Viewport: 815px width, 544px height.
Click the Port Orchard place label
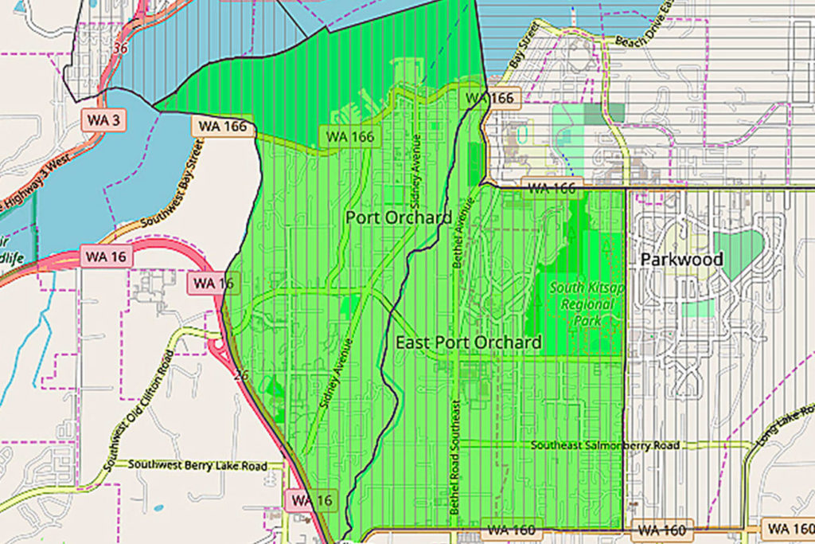click(399, 217)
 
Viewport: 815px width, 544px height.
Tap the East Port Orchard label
click(469, 342)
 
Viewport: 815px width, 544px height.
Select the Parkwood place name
click(682, 260)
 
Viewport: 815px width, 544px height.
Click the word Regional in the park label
click(587, 304)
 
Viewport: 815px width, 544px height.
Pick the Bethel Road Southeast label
click(455, 456)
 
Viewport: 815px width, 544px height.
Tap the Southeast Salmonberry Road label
click(605, 445)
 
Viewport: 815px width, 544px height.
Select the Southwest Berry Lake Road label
click(197, 465)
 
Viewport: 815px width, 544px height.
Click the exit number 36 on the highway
click(121, 49)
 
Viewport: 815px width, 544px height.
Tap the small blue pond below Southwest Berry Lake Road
click(159, 507)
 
